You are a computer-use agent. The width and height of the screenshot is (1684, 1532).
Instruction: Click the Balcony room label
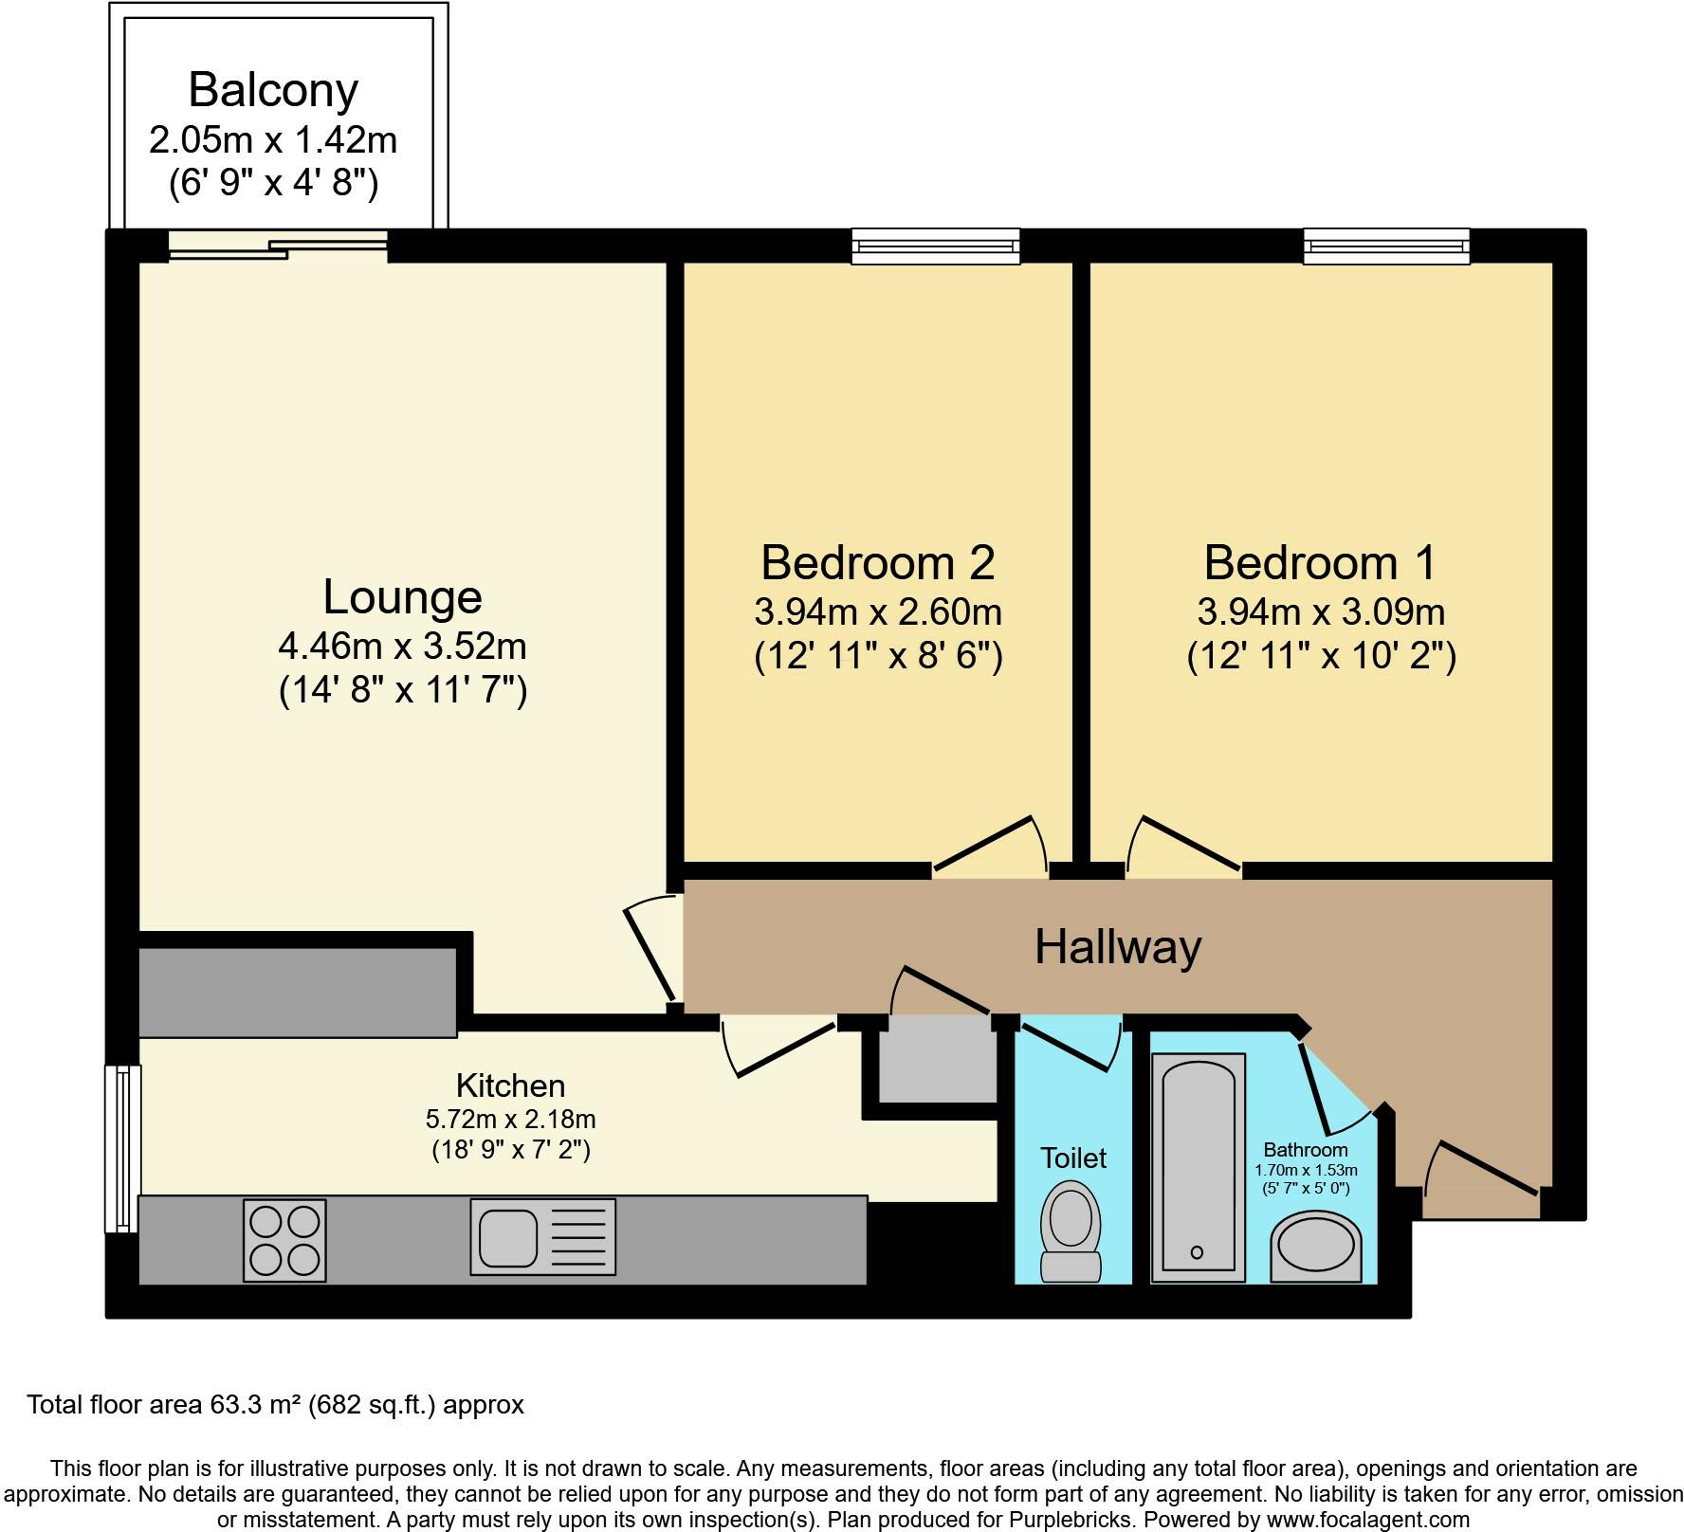[x=273, y=90]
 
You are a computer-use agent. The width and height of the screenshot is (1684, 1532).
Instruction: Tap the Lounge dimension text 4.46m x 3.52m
[x=402, y=647]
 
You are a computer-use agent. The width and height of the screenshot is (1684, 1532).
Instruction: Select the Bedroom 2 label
[x=877, y=562]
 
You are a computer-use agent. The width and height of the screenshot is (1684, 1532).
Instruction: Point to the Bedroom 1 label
[x=1320, y=562]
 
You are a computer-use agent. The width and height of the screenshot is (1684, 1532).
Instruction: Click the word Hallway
[x=1118, y=946]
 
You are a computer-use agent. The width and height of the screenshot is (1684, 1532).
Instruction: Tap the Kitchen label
[x=510, y=1085]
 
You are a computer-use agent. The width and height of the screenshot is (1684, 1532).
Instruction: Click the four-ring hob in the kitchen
[x=284, y=1241]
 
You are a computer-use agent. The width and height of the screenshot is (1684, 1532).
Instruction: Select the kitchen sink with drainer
[x=543, y=1236]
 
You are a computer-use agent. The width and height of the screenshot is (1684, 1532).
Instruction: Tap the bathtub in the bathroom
[x=1198, y=1167]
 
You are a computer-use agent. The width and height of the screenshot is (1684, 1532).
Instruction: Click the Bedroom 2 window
[x=936, y=246]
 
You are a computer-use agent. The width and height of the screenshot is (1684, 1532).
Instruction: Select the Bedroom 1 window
[x=1386, y=246]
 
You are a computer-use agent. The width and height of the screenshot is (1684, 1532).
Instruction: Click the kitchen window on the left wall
[x=122, y=1148]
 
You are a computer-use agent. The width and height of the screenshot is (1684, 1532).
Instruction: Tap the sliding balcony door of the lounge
[x=278, y=246]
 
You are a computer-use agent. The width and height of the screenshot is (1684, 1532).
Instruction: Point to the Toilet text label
[x=1073, y=1158]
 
